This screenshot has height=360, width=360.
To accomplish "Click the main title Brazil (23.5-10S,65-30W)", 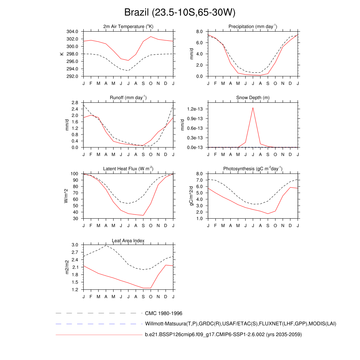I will (180, 13).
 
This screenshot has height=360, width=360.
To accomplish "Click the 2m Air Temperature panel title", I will (128, 27).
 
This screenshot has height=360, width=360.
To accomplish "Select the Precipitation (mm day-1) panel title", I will (252, 27).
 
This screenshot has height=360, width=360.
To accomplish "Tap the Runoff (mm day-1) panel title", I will (128, 98).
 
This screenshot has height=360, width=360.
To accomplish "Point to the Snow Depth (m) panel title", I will (253, 98).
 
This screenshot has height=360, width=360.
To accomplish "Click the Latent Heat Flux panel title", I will (128, 169).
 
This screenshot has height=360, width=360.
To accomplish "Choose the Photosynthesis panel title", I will (252, 169).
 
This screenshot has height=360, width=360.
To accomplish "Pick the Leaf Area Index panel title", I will (128, 240).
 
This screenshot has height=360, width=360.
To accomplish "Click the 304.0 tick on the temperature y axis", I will (72, 32).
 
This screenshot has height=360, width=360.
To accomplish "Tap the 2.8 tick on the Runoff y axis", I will (75, 103).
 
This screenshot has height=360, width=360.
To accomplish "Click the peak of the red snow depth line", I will (253, 108).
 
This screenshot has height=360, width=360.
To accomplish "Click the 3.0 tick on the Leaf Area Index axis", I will (75, 245).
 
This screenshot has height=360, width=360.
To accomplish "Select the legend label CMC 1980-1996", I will (163, 313).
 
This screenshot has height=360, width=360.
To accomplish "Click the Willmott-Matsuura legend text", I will (240, 323).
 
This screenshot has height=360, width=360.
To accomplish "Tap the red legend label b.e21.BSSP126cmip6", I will (223, 335).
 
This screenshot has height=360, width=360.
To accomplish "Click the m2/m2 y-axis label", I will (67, 267).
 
